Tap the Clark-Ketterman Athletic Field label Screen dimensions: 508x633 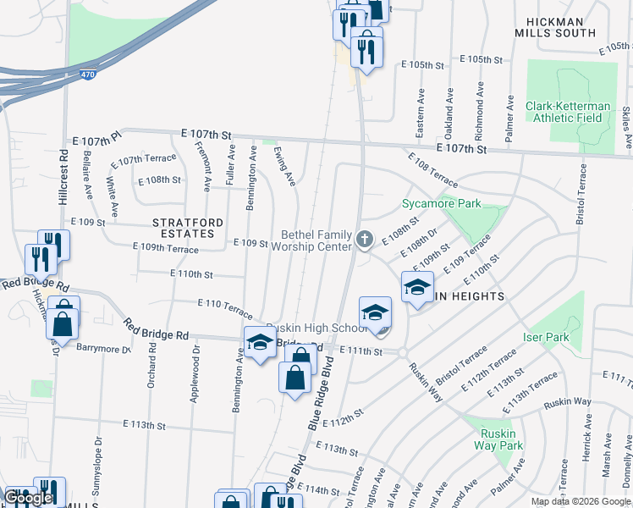coord(568,112)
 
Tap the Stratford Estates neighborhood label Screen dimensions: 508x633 coord(188,228)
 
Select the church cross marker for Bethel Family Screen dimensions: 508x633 coord(365,240)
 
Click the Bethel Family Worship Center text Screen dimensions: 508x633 coord(316,240)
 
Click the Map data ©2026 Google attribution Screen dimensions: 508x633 coord(581,501)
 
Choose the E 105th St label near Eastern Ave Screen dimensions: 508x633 coord(423,64)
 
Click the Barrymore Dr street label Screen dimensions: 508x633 coord(103,347)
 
